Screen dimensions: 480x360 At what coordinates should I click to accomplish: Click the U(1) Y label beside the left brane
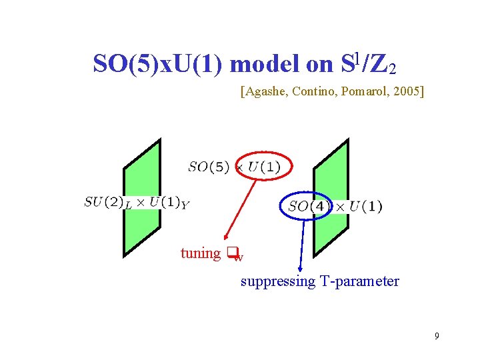tap(169, 203)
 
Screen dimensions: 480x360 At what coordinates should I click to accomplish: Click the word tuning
tap(200, 253)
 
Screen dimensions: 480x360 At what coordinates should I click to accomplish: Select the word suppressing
tap(278, 281)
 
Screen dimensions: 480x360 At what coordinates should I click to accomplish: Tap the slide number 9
tap(437, 336)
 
